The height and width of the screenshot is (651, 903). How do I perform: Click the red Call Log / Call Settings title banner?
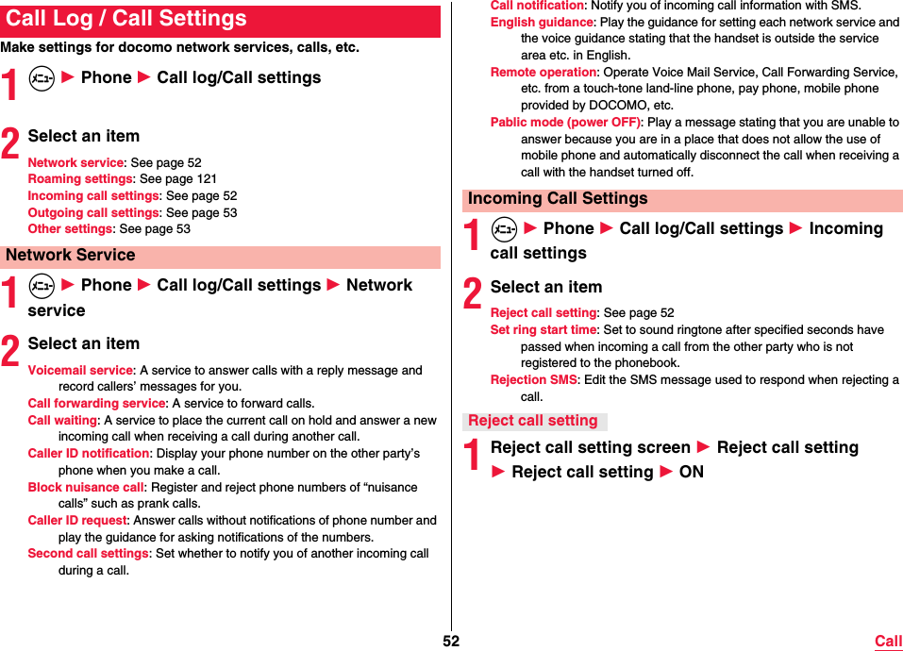click(x=220, y=20)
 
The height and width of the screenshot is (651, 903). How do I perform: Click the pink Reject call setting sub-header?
click(x=533, y=421)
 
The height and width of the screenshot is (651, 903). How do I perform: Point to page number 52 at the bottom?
click(x=451, y=642)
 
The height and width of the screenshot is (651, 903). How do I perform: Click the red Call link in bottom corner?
click(x=888, y=642)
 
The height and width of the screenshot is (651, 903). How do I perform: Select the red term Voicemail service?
click(x=80, y=371)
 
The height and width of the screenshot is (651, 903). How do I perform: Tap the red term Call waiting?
click(x=62, y=421)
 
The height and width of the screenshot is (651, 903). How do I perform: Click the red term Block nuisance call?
click(x=86, y=488)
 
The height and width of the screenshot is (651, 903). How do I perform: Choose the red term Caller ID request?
click(x=77, y=521)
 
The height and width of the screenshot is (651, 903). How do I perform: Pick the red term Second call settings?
click(x=88, y=554)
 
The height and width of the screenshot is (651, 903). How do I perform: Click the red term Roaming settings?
click(x=80, y=179)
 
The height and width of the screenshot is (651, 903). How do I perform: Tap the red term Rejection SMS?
click(x=533, y=380)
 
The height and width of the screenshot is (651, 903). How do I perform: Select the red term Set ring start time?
click(x=543, y=330)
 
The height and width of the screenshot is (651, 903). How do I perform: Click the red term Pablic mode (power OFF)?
click(x=565, y=123)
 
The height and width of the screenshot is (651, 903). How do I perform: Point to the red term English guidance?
click(x=542, y=23)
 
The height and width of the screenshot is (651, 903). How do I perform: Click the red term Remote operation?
click(x=543, y=73)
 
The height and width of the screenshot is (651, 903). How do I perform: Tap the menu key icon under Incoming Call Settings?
click(x=504, y=229)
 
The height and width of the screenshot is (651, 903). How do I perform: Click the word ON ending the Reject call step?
click(x=691, y=472)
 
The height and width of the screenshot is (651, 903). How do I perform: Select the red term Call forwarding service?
click(x=96, y=404)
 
